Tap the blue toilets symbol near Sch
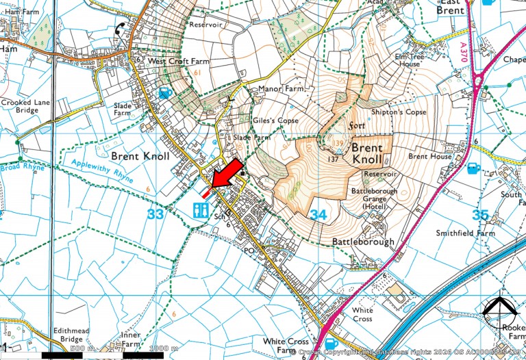201,209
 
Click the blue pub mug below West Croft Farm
164,92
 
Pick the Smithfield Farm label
465,233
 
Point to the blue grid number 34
318,215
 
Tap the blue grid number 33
155,214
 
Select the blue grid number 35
481,215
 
